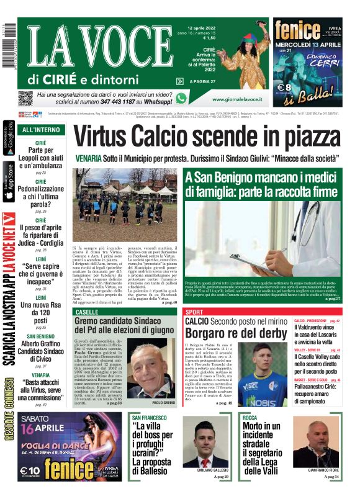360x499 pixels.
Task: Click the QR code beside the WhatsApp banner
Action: coord(25,98)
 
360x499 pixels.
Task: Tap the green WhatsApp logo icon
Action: coord(181,98)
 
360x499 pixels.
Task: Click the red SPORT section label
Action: coord(194,311)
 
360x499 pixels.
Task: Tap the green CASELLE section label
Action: coord(86,311)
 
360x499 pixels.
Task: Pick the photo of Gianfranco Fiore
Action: coord(317,442)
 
